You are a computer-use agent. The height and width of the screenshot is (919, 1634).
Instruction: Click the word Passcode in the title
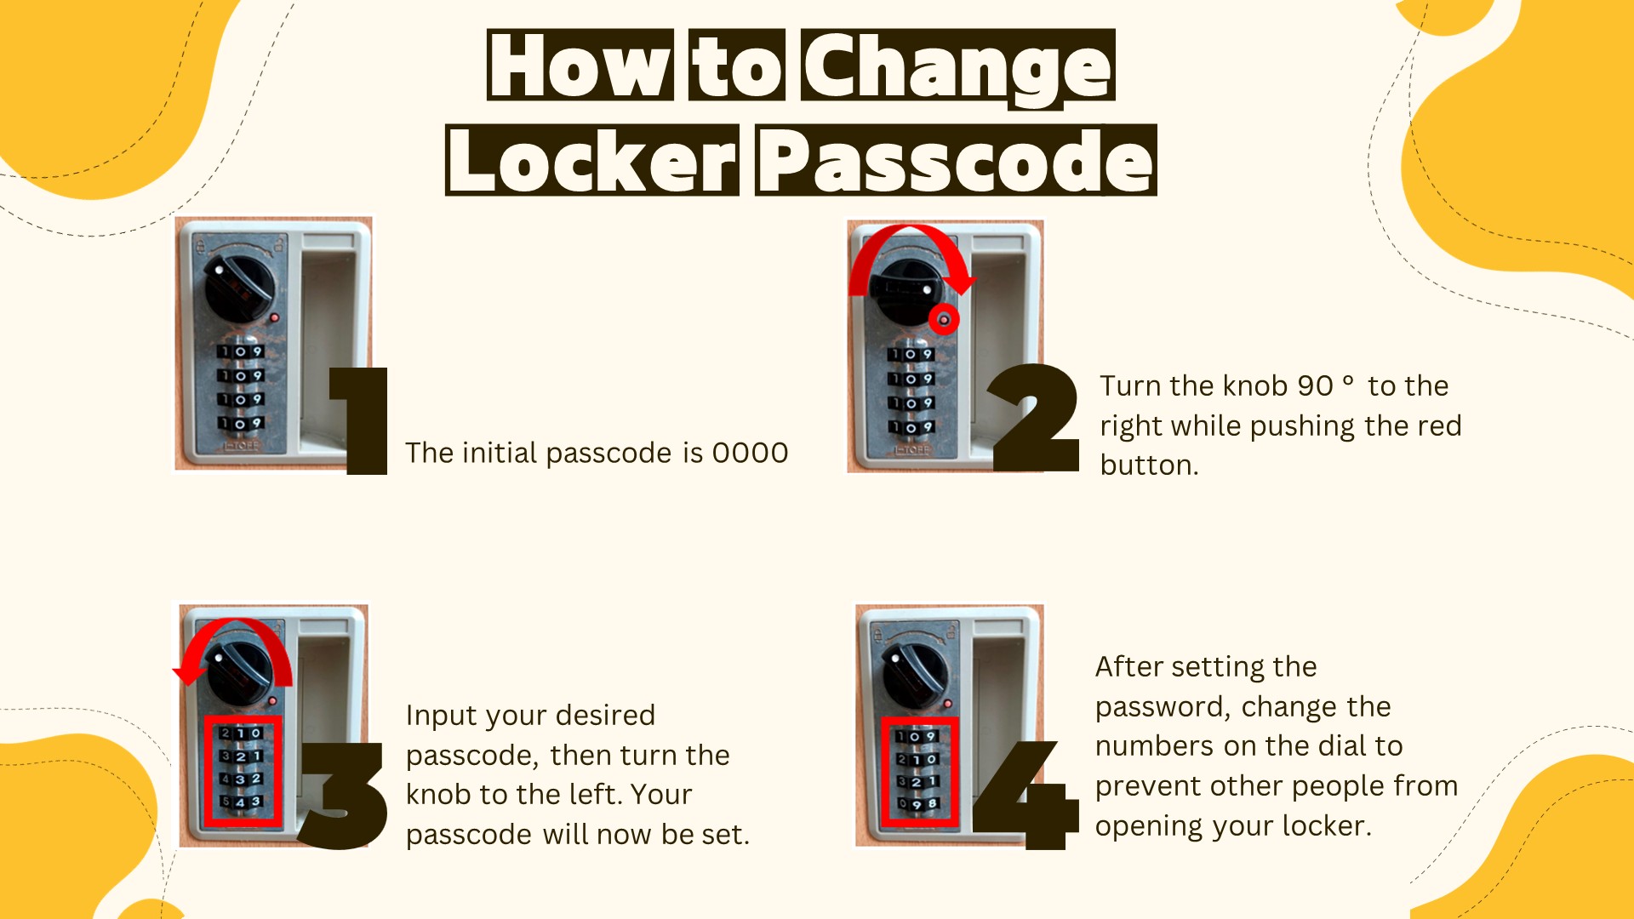pos(956,161)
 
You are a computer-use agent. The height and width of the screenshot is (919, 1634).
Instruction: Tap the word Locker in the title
pos(592,161)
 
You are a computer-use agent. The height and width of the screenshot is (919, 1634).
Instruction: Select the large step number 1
pos(359,420)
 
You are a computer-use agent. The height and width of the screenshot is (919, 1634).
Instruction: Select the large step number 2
pos(1033,417)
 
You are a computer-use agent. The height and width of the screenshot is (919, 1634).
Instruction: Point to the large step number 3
pos(342,795)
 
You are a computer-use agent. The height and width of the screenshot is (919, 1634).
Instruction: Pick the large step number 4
pos(1026,795)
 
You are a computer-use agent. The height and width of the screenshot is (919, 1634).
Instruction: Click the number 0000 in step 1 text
pos(750,453)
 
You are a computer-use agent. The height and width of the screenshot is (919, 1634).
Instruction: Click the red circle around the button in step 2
pos(943,320)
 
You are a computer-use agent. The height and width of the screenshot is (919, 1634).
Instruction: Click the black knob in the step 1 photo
pos(240,286)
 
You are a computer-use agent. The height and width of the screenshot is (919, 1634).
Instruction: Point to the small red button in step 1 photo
pos(274,317)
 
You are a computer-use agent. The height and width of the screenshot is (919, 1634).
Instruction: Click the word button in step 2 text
pos(1149,465)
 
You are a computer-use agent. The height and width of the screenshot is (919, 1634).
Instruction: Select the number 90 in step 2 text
pos(1315,385)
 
